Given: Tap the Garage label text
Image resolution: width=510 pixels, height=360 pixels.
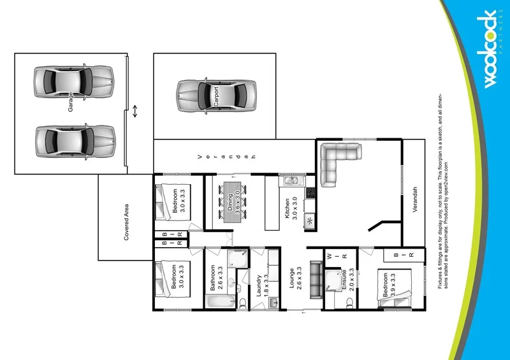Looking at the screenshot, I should [71, 102].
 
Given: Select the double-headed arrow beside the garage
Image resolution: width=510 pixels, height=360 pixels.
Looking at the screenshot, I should [135, 111].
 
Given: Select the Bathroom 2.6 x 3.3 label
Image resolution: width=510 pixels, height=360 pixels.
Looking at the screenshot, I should [215, 278].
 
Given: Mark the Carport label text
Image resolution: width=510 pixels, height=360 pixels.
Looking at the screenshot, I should [216, 96].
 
